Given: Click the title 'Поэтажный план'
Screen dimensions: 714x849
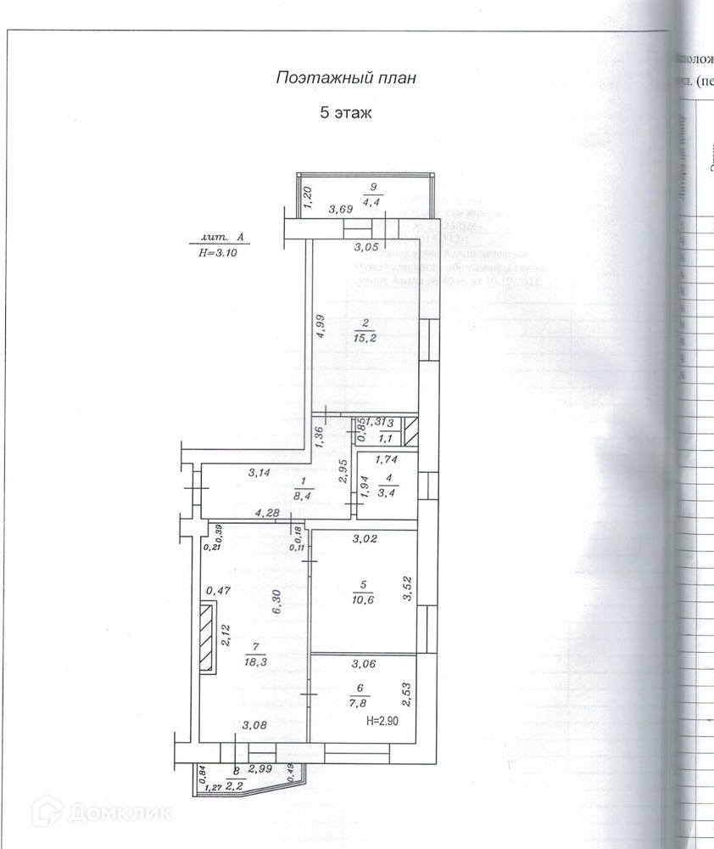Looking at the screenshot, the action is [x=346, y=78].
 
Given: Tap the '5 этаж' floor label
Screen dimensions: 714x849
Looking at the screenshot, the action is [x=346, y=112].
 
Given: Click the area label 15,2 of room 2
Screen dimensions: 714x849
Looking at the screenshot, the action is [x=365, y=337].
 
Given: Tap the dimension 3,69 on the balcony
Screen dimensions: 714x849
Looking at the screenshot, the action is [x=341, y=209].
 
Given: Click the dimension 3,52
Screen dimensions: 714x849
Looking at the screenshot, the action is [x=407, y=589].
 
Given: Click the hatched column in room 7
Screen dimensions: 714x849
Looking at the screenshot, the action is [x=206, y=638].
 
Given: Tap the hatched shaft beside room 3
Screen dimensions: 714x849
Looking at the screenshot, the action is [x=409, y=431].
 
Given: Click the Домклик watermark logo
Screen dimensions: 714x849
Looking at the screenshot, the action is [x=102, y=812].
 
